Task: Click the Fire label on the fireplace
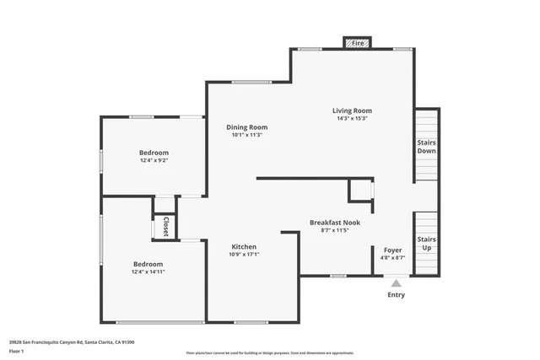[357, 42]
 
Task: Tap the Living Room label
[351, 110]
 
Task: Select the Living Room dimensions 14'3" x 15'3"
[351, 118]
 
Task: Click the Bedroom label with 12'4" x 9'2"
[154, 153]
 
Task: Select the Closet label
[165, 227]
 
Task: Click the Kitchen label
[245, 247]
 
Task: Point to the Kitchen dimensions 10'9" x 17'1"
[245, 255]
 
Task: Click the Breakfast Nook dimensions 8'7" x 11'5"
[334, 230]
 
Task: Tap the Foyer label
[393, 250]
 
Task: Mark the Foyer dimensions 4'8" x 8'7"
[393, 258]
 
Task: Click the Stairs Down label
[426, 146]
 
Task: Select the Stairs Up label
[426, 243]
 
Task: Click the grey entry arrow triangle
[396, 283]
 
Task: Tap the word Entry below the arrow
[396, 295]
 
